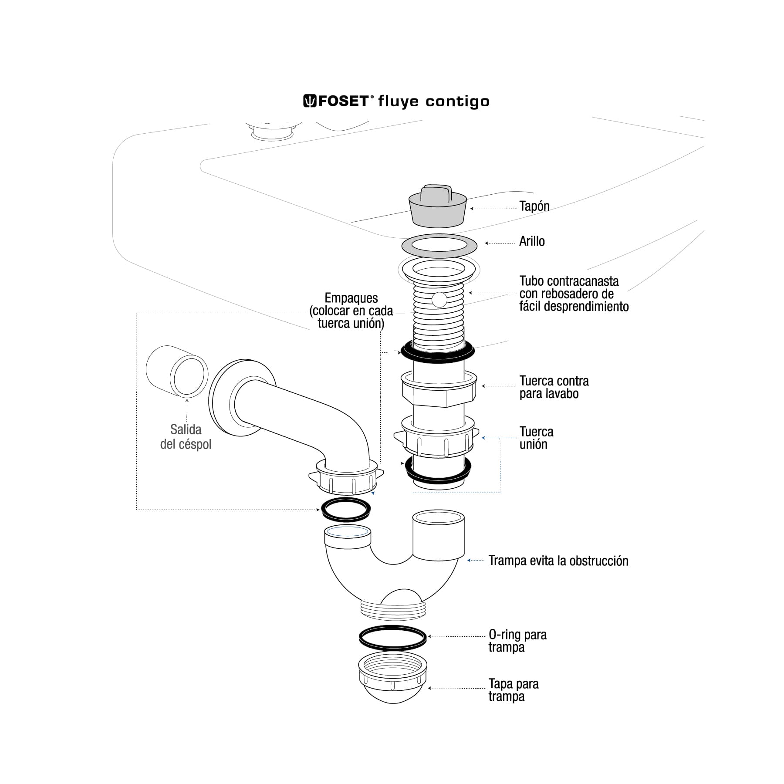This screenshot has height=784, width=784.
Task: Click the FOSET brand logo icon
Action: coord(310,101)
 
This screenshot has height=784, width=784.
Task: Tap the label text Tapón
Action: coord(534,206)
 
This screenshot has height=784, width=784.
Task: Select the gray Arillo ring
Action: coord(439,251)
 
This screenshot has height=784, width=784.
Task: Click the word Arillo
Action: coord(532,241)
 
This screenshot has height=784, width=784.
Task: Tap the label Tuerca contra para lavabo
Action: coord(554,387)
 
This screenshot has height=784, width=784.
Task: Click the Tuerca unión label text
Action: coord(536,438)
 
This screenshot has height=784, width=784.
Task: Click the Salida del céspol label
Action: coord(186,437)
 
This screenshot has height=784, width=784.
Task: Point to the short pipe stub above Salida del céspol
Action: coord(176,372)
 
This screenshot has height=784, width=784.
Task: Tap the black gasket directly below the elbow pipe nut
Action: coord(346,509)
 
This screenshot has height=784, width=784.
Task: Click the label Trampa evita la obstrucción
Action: coord(558,561)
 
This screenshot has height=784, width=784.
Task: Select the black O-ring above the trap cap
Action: coord(393,638)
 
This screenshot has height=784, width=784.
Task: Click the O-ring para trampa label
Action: coord(517,641)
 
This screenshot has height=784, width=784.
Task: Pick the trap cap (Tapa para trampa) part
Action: coord(393,684)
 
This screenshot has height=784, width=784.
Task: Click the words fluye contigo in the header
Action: coord(434,101)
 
